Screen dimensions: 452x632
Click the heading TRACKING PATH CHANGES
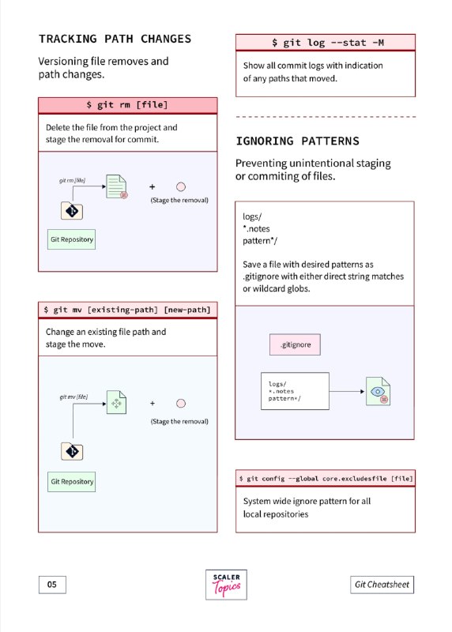(115, 39)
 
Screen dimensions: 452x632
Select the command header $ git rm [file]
(127, 105)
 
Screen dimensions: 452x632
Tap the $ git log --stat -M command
(326, 43)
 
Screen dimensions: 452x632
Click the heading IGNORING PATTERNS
(298, 141)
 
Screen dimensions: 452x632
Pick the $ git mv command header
(127, 310)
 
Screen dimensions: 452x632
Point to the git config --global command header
(326, 479)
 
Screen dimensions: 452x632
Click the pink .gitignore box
(296, 344)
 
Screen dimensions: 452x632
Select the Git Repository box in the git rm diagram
(71, 239)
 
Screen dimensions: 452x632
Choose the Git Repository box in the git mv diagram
(71, 482)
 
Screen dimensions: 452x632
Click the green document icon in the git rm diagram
(116, 186)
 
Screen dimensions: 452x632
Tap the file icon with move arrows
(116, 402)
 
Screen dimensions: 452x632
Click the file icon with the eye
(379, 391)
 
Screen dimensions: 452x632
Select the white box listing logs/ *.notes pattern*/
(296, 391)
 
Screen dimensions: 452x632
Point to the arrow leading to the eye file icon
(347, 391)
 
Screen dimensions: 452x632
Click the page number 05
(52, 585)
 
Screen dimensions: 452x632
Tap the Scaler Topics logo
(226, 585)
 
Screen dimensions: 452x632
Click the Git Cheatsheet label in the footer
(382, 585)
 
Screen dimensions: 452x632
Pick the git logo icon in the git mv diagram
(72, 451)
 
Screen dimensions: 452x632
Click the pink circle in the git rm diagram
(181, 186)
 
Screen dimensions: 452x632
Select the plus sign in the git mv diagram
(153, 403)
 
